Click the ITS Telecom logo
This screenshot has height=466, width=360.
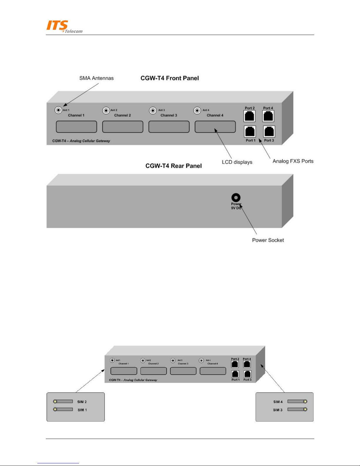point(64,26)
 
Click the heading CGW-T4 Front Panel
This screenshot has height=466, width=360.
point(170,78)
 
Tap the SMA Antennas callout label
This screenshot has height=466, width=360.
point(96,78)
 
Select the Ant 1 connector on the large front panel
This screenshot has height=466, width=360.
point(58,110)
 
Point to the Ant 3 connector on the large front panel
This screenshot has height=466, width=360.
point(153,111)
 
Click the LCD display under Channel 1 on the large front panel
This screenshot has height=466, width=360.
point(76,127)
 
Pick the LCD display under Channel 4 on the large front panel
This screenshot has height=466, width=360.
point(215,127)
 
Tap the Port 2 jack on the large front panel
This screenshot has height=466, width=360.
point(250,116)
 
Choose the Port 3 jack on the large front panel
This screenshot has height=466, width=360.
point(269,131)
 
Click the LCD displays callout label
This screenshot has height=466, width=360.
point(237,162)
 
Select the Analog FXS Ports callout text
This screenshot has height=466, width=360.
point(293,161)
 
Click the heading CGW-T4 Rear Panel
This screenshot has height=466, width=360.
point(173,166)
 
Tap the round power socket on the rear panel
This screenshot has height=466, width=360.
point(236,198)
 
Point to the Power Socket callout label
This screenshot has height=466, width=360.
point(268,240)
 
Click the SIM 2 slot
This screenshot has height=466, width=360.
point(63,401)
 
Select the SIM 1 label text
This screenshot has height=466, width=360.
point(82,410)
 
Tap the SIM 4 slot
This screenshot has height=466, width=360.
point(297,401)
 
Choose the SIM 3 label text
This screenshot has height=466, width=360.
point(278,410)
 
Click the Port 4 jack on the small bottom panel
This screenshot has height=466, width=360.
point(247,364)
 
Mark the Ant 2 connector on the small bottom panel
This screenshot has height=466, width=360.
point(143,360)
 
